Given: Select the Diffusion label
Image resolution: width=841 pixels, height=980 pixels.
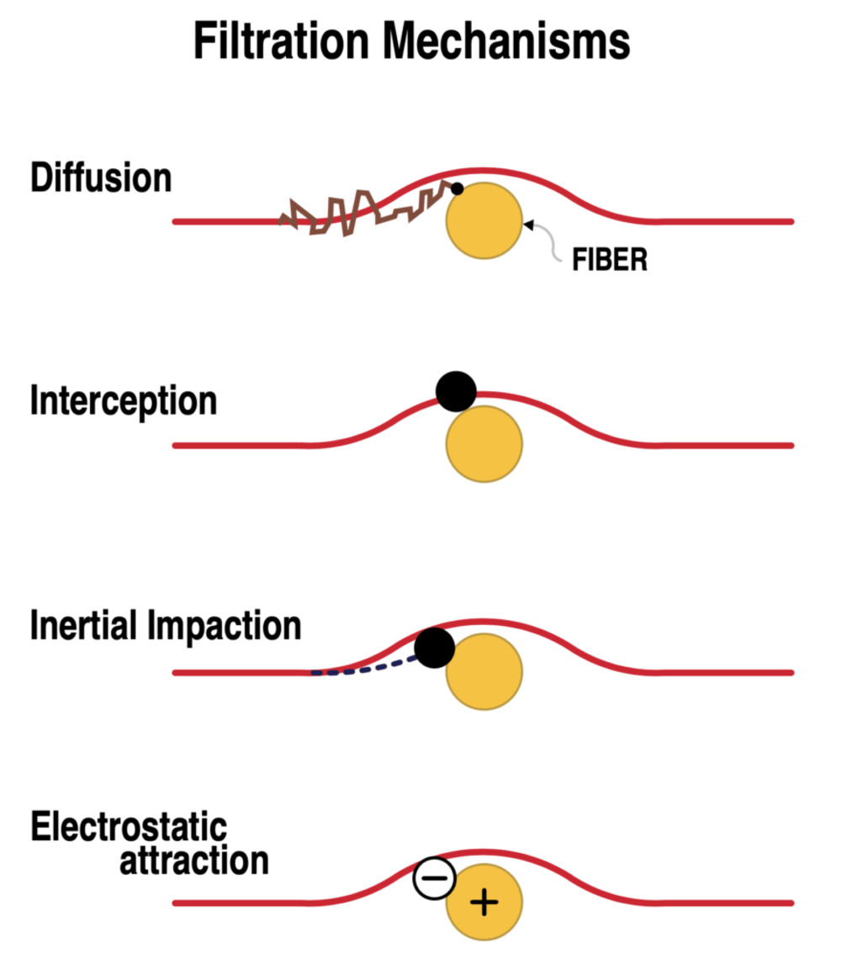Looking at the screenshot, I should click(x=101, y=178).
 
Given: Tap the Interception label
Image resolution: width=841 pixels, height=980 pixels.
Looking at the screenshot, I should click(x=124, y=401).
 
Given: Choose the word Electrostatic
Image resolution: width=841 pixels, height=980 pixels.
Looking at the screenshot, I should click(x=129, y=828).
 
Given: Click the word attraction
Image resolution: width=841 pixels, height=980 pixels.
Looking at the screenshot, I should click(x=193, y=861).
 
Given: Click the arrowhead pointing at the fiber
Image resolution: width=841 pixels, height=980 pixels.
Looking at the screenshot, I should click(x=528, y=224).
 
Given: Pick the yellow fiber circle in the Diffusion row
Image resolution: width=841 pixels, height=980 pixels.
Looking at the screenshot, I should click(x=484, y=220).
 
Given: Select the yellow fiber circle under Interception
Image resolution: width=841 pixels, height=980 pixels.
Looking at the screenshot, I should click(x=484, y=443).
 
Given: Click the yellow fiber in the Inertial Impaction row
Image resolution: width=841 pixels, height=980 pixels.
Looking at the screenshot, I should click(x=484, y=671).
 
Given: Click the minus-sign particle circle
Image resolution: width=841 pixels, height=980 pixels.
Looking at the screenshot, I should click(x=434, y=878).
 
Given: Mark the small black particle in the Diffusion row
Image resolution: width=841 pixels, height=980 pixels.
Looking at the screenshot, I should click(x=458, y=189).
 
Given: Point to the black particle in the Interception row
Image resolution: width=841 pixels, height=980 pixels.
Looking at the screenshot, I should click(x=457, y=391).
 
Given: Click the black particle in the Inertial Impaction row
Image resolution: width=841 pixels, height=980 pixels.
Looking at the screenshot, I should click(x=435, y=648).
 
